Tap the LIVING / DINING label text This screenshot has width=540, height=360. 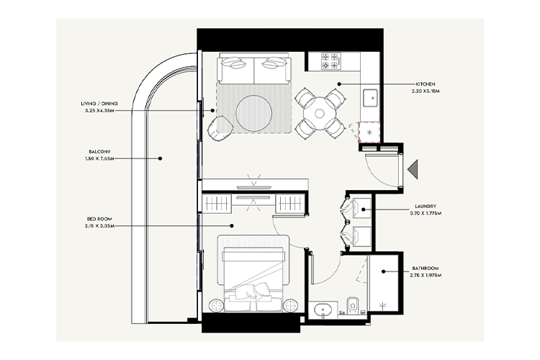(99, 104)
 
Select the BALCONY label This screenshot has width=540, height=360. (99, 152)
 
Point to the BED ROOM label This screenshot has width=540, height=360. (99, 218)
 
